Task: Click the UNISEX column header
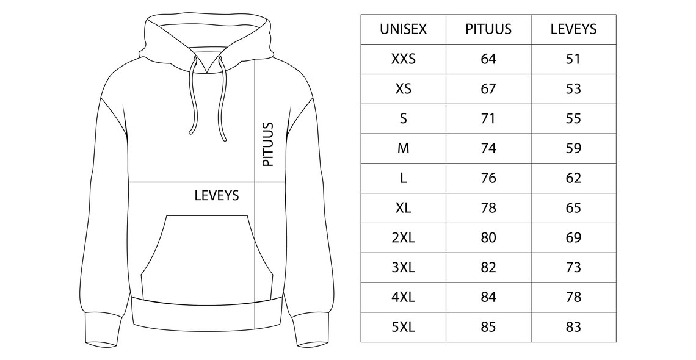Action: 403,29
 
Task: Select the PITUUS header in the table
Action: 488,29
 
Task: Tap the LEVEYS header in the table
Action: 573,29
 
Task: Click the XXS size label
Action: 403,59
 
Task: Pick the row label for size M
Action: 403,148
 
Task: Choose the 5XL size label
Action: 403,327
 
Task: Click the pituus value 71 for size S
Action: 488,118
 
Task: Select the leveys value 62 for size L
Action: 573,178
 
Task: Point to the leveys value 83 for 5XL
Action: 573,327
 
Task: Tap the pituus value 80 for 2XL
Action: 488,237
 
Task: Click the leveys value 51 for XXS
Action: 573,59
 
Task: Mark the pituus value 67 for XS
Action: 488,88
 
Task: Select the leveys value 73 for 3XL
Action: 573,267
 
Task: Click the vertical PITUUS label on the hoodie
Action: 267,145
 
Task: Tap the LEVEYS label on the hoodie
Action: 217,195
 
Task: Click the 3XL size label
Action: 403,267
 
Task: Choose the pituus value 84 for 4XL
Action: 488,297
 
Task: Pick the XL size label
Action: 403,208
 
